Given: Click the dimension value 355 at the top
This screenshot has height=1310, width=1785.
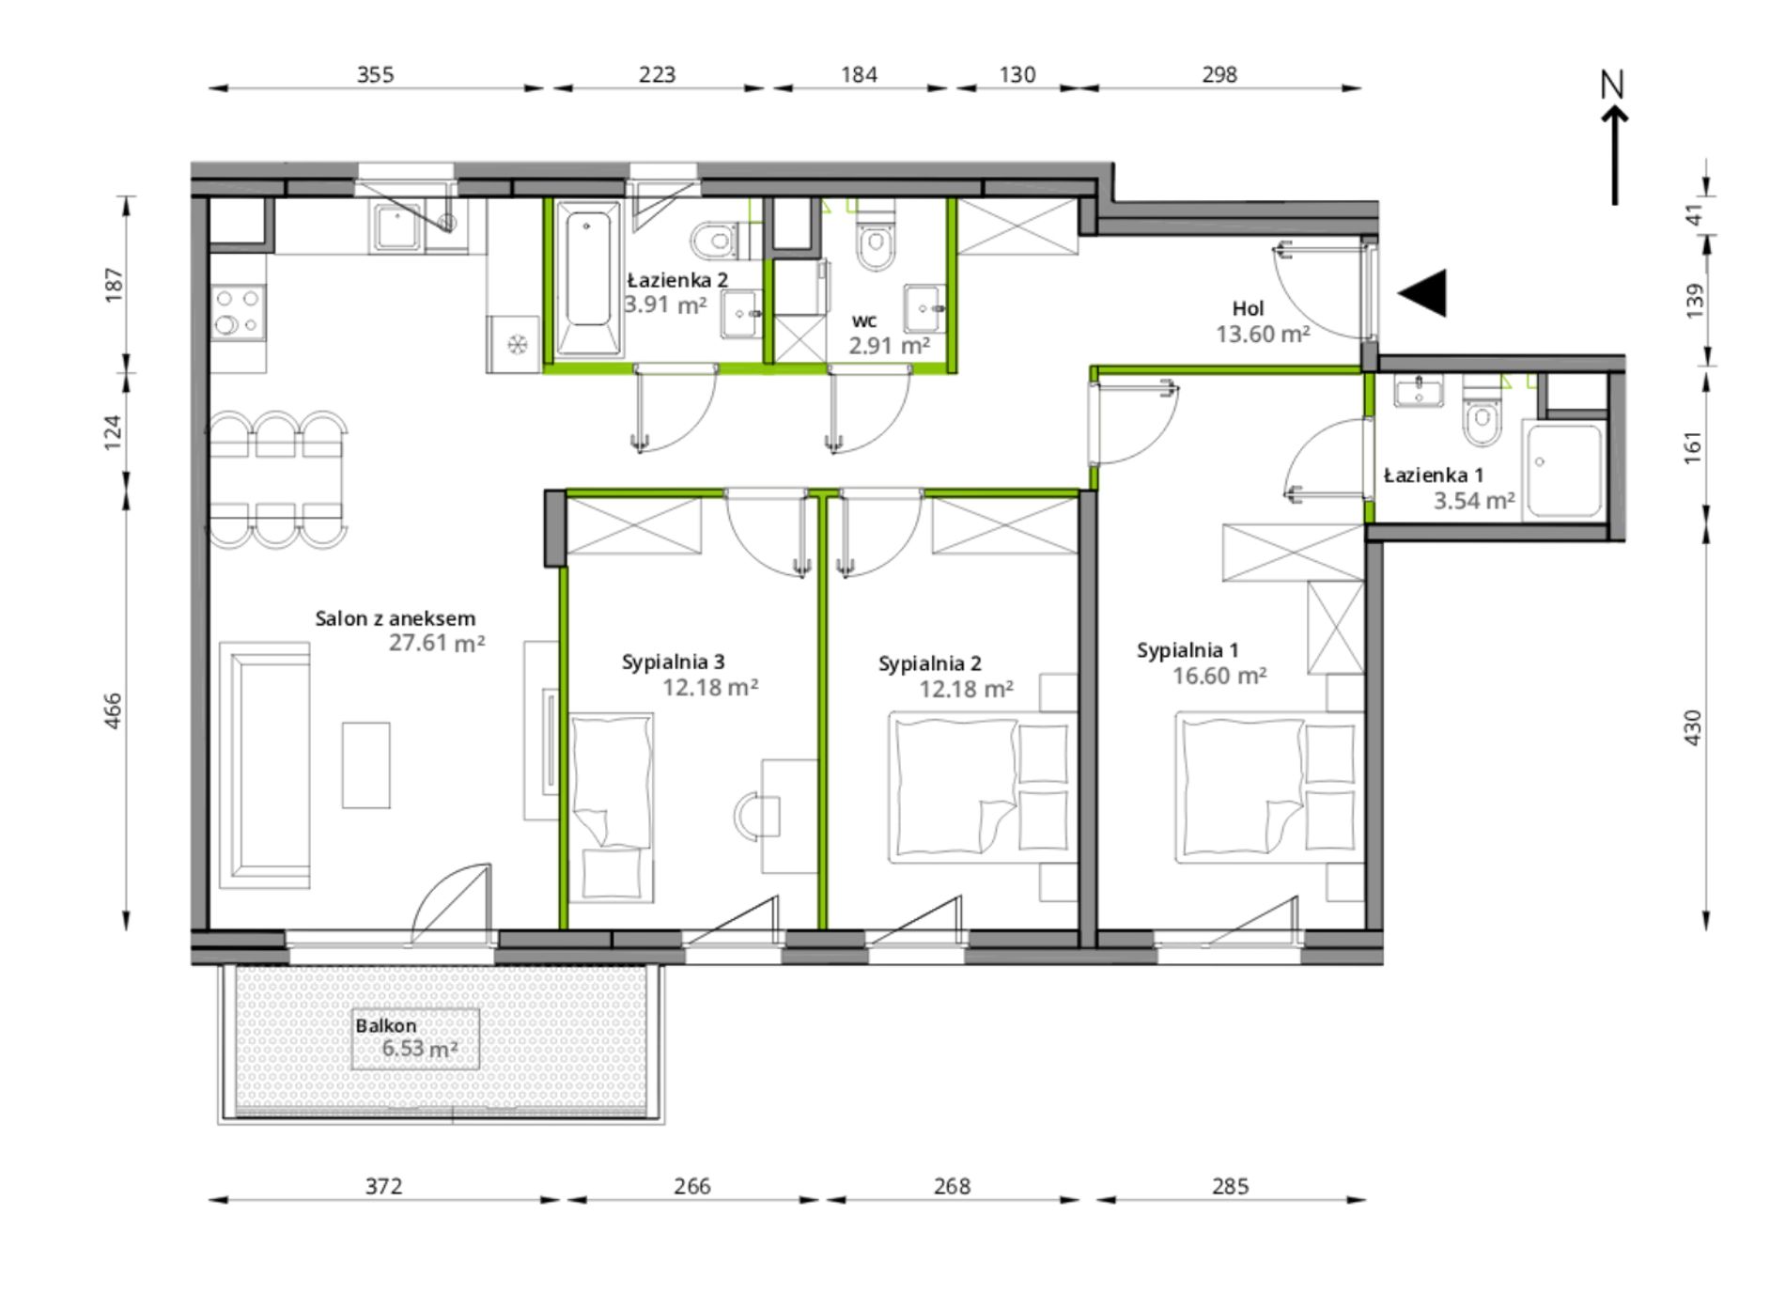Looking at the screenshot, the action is [x=375, y=74].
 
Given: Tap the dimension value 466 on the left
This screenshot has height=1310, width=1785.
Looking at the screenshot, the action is [x=113, y=711].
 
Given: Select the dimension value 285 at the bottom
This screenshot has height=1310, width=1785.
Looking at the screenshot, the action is [x=1230, y=1187].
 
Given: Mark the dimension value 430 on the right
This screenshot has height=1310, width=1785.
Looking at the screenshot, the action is [x=1692, y=728].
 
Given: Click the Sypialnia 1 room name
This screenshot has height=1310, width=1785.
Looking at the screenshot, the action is [x=1187, y=650].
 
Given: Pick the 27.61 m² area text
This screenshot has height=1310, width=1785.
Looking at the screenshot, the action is [x=437, y=644].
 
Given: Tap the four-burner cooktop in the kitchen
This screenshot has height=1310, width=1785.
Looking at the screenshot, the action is [x=237, y=313].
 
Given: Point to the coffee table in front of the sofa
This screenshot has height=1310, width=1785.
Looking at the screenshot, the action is [x=365, y=765].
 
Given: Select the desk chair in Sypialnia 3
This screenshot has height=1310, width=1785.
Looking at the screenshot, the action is [x=756, y=816].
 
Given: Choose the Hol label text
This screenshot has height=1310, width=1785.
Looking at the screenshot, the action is [x=1249, y=308].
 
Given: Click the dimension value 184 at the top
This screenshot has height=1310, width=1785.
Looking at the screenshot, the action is [x=859, y=74].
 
